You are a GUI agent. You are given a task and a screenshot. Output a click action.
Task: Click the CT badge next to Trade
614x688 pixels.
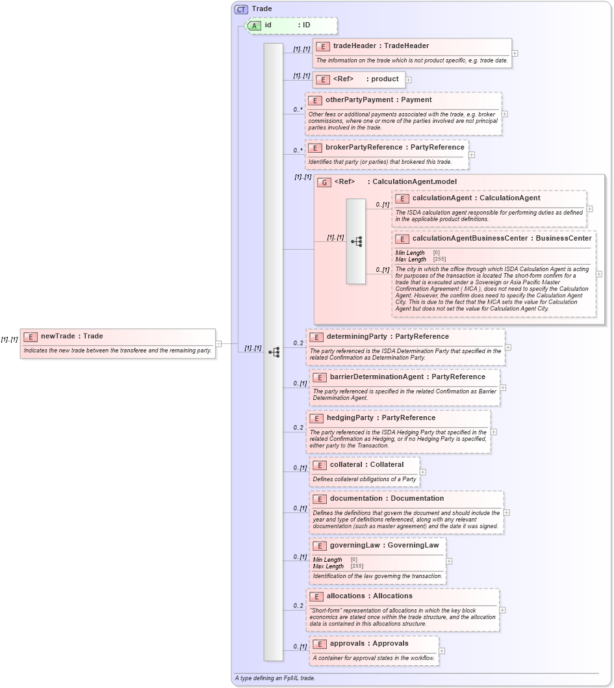(241, 9)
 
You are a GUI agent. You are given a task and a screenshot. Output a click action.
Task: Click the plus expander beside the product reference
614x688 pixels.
(409, 80)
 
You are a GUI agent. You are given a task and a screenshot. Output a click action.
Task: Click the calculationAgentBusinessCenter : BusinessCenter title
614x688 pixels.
(502, 238)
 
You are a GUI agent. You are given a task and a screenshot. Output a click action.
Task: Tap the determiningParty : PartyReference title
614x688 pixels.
(387, 336)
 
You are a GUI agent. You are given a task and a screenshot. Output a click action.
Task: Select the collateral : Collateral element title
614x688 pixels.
(366, 464)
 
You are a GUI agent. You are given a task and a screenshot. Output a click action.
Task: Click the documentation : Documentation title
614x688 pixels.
(387, 498)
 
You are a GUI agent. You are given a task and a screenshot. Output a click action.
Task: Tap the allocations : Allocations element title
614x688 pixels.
(369, 596)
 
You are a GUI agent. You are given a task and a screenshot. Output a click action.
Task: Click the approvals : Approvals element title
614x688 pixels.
(369, 643)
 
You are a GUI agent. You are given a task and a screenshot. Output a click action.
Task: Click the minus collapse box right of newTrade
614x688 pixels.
(219, 343)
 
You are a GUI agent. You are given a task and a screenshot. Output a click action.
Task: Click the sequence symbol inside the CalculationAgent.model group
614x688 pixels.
(356, 241)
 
